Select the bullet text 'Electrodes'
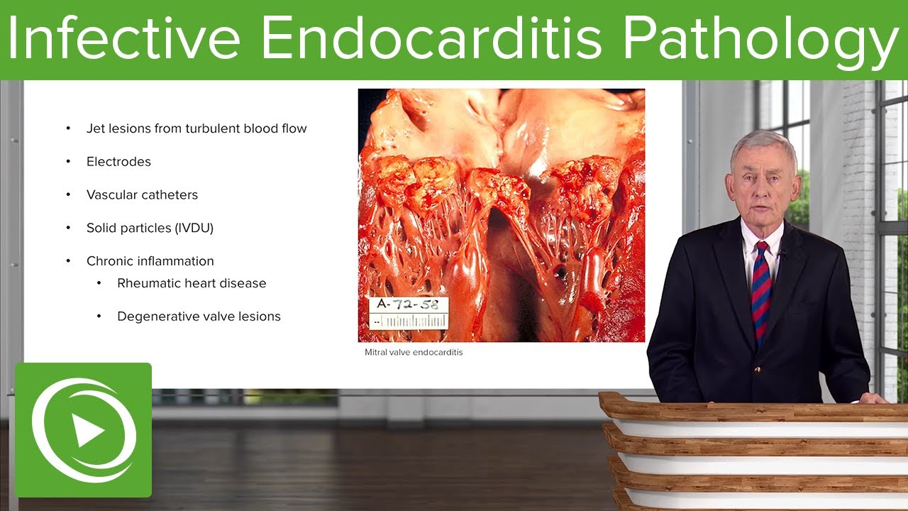[118, 162]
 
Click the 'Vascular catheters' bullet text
[142, 195]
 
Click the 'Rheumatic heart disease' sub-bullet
[192, 283]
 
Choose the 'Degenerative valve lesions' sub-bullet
[199, 317]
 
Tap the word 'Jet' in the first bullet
[95, 129]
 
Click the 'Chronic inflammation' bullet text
[150, 261]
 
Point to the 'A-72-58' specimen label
[408, 305]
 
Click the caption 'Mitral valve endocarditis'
[413, 352]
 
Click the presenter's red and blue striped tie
[762, 291]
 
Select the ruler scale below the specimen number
[409, 322]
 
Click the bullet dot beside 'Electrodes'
[69, 162]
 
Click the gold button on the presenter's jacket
[758, 370]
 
